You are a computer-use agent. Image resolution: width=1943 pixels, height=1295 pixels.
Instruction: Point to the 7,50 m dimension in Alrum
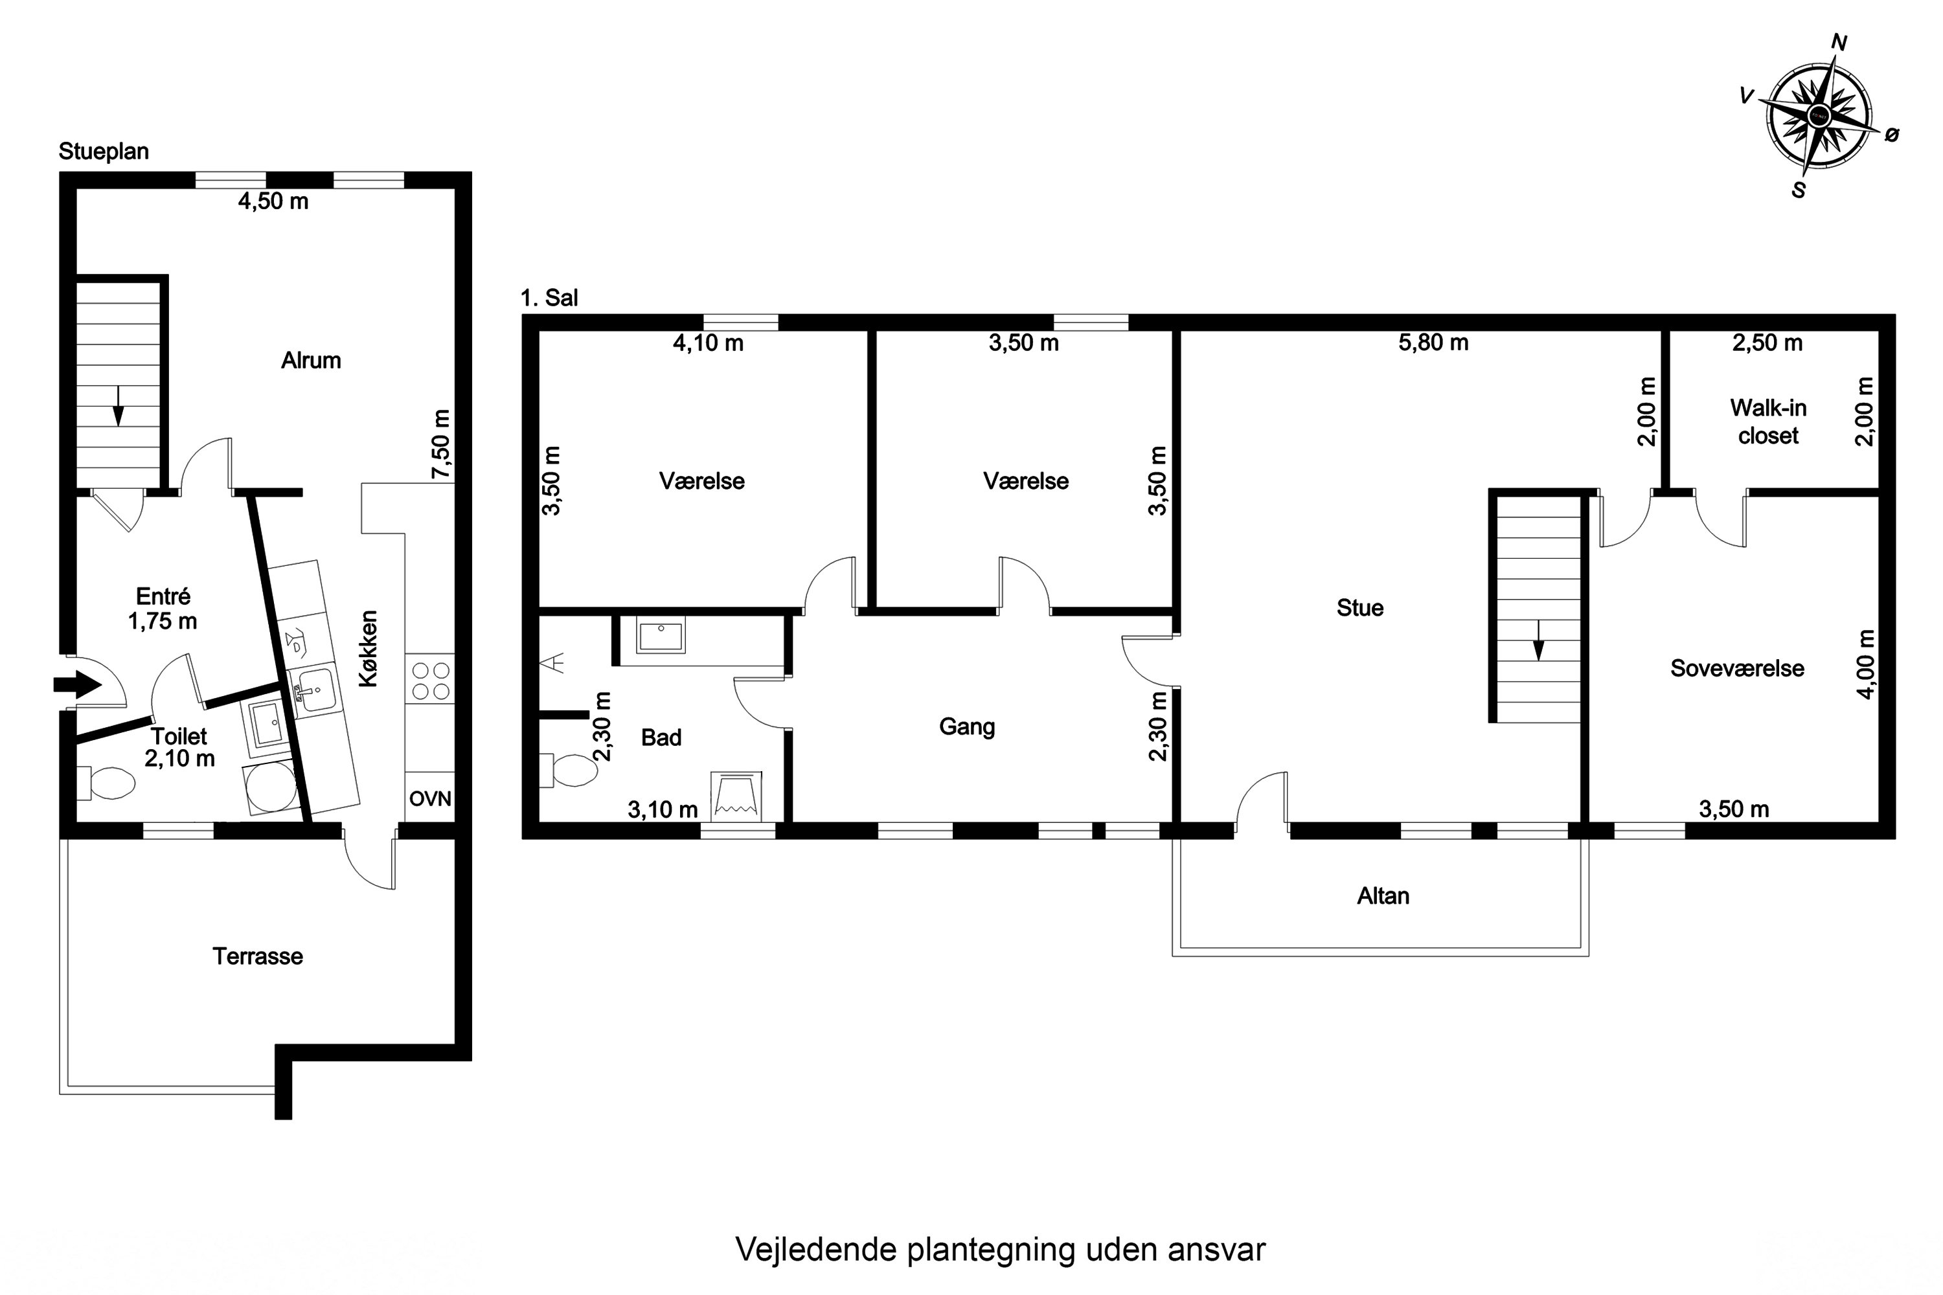[x=442, y=444]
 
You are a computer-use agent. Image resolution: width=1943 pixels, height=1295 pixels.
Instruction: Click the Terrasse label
[x=258, y=956]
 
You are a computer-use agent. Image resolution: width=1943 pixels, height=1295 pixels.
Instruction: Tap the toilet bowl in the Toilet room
[x=110, y=783]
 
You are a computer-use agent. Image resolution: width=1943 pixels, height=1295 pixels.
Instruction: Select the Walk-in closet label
[x=1768, y=422]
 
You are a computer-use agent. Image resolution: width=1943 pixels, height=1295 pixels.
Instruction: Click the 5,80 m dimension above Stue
[x=1433, y=343]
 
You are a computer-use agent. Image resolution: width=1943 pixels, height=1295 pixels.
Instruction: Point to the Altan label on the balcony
[x=1383, y=896]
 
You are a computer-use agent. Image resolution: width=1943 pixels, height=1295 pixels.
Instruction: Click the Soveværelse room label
[x=1736, y=668]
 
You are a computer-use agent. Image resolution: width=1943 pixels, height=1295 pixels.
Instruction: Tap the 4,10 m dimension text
[x=708, y=343]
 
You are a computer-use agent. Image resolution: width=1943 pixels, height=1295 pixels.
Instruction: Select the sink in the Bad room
[x=661, y=636]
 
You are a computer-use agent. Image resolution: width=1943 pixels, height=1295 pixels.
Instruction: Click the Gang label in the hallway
[x=966, y=726]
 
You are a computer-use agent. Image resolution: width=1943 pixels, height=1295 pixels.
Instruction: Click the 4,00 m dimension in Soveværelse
[x=1865, y=664]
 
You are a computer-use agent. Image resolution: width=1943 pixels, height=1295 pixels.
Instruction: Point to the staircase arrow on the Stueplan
[x=118, y=405]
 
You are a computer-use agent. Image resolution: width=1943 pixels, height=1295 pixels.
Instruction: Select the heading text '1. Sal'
[x=549, y=298]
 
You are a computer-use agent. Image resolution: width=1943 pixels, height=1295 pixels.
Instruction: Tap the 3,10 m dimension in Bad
[x=663, y=809]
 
